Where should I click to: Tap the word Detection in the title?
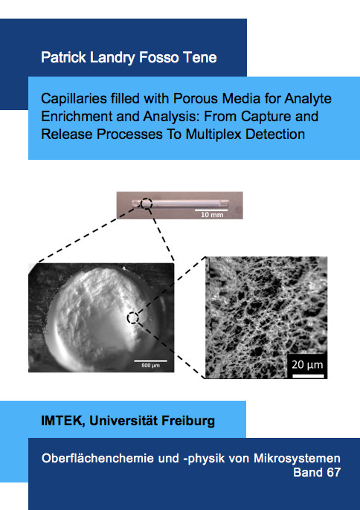click(x=275, y=134)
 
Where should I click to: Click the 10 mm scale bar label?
click(x=212, y=215)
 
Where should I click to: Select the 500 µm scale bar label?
click(x=151, y=366)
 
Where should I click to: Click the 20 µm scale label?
click(x=307, y=364)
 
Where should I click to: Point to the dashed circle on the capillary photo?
click(x=146, y=204)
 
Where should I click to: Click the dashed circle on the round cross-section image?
click(x=133, y=317)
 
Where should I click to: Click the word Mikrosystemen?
click(x=297, y=458)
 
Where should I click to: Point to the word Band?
click(x=308, y=472)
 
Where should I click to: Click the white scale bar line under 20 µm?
click(x=308, y=375)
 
